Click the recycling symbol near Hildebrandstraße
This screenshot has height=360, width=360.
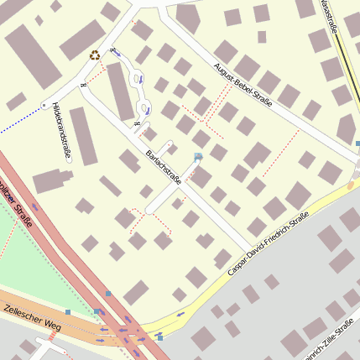[x=95, y=55]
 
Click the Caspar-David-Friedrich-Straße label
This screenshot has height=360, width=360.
[x=269, y=243]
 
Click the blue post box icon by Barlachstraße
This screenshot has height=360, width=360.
[x=198, y=157]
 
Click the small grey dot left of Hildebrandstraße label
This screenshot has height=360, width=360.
[x=44, y=106]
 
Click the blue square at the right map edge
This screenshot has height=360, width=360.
[x=357, y=143]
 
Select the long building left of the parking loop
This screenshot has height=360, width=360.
[x=120, y=91]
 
